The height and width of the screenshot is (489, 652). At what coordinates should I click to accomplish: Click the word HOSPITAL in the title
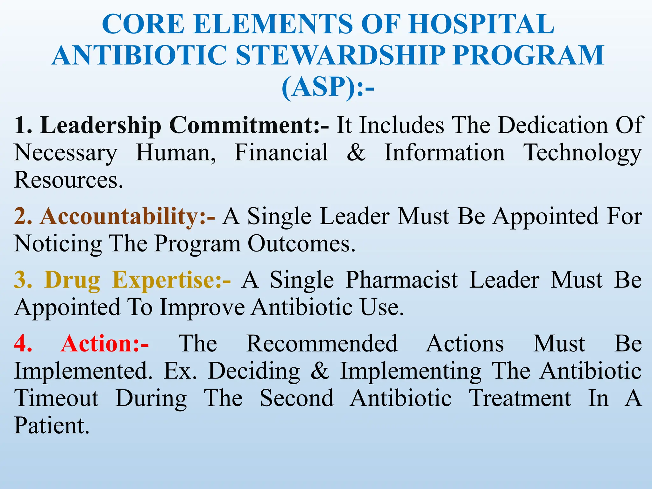(x=481, y=24)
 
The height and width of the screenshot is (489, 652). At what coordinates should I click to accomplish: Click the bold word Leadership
(x=101, y=125)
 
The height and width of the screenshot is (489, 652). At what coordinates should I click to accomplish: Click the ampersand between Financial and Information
(x=356, y=152)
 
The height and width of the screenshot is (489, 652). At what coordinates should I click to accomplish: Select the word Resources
(x=68, y=180)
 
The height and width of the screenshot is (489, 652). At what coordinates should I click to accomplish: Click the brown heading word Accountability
(x=119, y=216)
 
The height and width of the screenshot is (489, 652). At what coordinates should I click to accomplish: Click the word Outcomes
(x=301, y=244)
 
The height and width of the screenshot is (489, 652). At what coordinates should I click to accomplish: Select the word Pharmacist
(x=402, y=280)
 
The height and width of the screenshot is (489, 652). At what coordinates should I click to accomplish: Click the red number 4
(x=23, y=344)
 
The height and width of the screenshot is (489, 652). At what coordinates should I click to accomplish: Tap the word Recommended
(x=322, y=344)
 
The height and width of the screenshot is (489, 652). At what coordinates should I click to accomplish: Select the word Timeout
(x=57, y=398)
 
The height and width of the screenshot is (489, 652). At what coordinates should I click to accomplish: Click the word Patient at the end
(x=51, y=426)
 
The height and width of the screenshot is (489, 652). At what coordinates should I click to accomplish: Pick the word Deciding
(x=254, y=372)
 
